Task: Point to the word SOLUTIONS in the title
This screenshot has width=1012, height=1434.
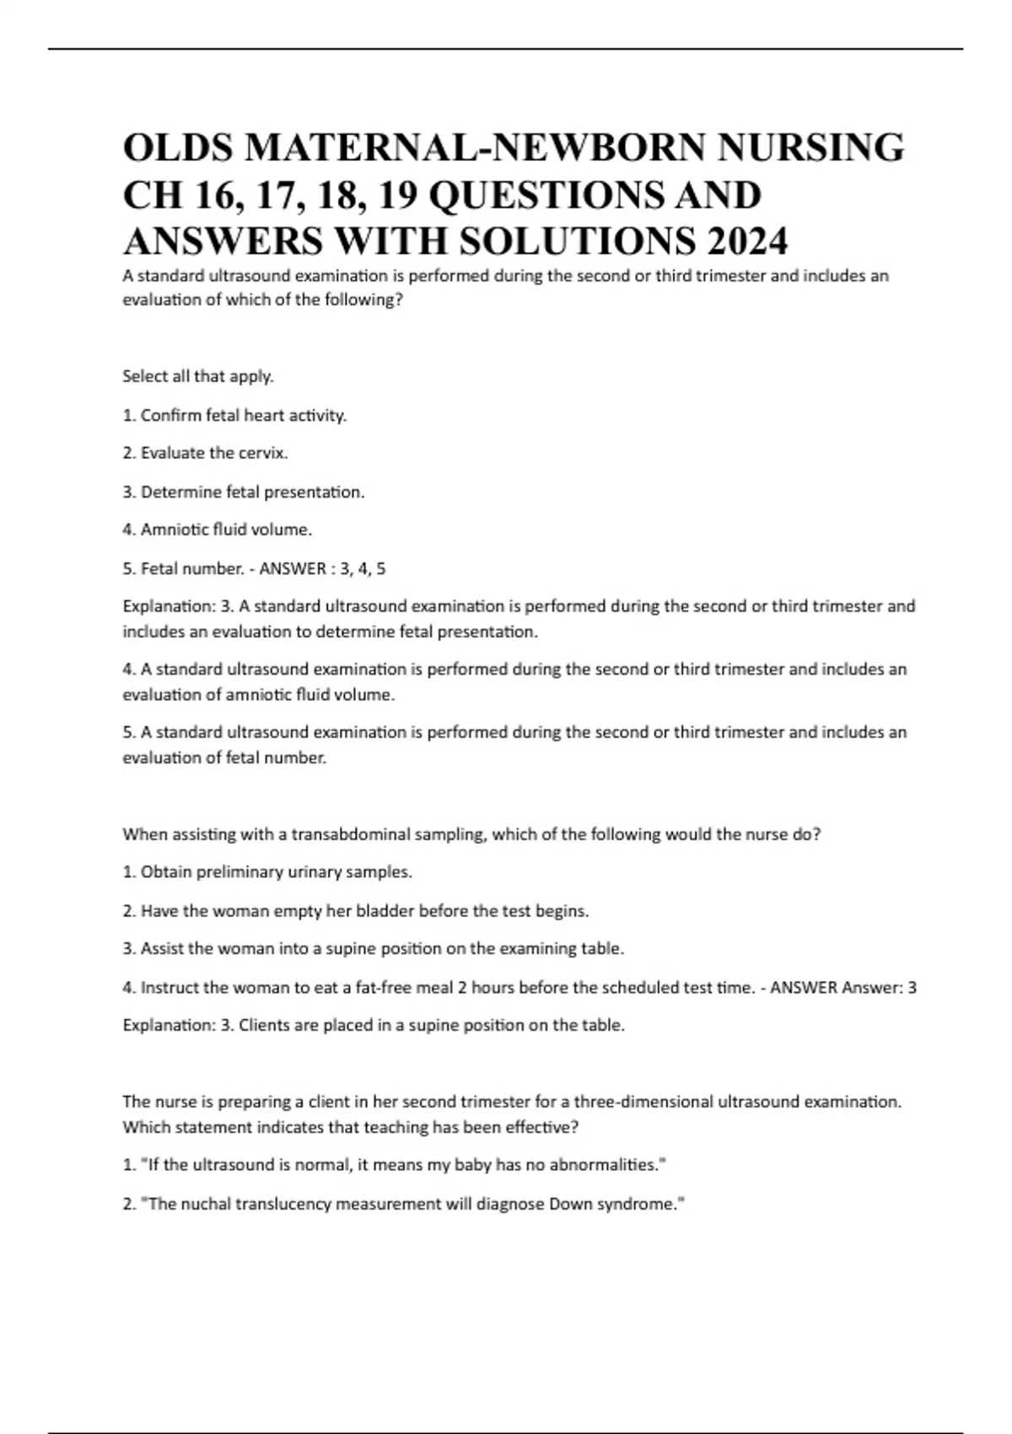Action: click(x=578, y=242)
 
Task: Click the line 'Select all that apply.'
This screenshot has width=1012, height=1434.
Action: click(x=198, y=376)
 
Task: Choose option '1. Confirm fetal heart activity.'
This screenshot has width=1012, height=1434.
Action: click(x=234, y=415)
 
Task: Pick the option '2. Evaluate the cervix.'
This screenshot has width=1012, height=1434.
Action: click(x=205, y=453)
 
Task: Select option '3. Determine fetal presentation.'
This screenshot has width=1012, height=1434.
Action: click(x=244, y=492)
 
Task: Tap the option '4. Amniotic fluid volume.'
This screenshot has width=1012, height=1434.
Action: click(x=217, y=530)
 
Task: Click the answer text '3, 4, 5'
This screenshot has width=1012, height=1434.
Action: click(x=362, y=569)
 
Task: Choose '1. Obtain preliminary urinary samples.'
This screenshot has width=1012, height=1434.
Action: click(x=267, y=872)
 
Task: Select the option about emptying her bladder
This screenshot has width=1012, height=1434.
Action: click(x=355, y=911)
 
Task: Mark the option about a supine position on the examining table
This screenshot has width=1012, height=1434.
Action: click(x=374, y=949)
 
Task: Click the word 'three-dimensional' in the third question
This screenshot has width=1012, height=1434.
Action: click(x=643, y=1102)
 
